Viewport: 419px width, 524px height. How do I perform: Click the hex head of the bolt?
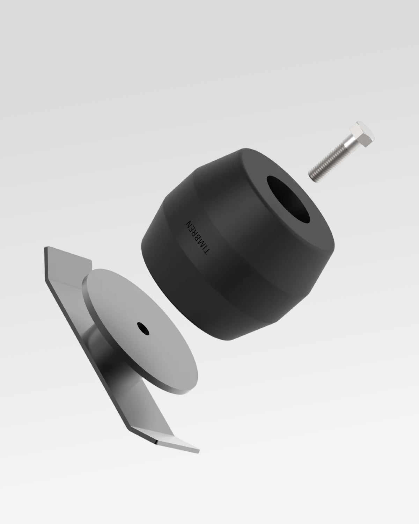362,134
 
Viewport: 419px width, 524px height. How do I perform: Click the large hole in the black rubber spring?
289,198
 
